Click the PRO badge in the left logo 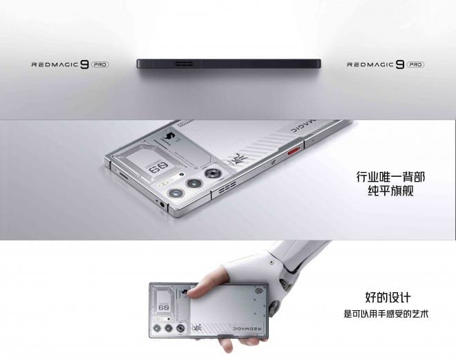click(100, 64)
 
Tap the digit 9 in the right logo click(400, 64)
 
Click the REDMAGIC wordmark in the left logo click(55, 64)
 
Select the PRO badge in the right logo click(415, 64)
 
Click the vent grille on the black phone click(184, 64)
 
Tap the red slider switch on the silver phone click(293, 151)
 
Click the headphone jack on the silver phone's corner click(162, 205)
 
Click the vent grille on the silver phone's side click(227, 187)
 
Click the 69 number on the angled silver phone click(158, 168)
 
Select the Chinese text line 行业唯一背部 click(390, 177)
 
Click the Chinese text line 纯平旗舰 click(390, 191)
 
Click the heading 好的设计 click(388, 297)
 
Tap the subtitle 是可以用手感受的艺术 click(386, 314)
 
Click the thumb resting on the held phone click(202, 287)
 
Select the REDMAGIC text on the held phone click(247, 329)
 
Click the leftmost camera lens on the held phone click(157, 328)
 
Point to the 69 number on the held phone click(164, 307)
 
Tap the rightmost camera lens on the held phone click(180, 328)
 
